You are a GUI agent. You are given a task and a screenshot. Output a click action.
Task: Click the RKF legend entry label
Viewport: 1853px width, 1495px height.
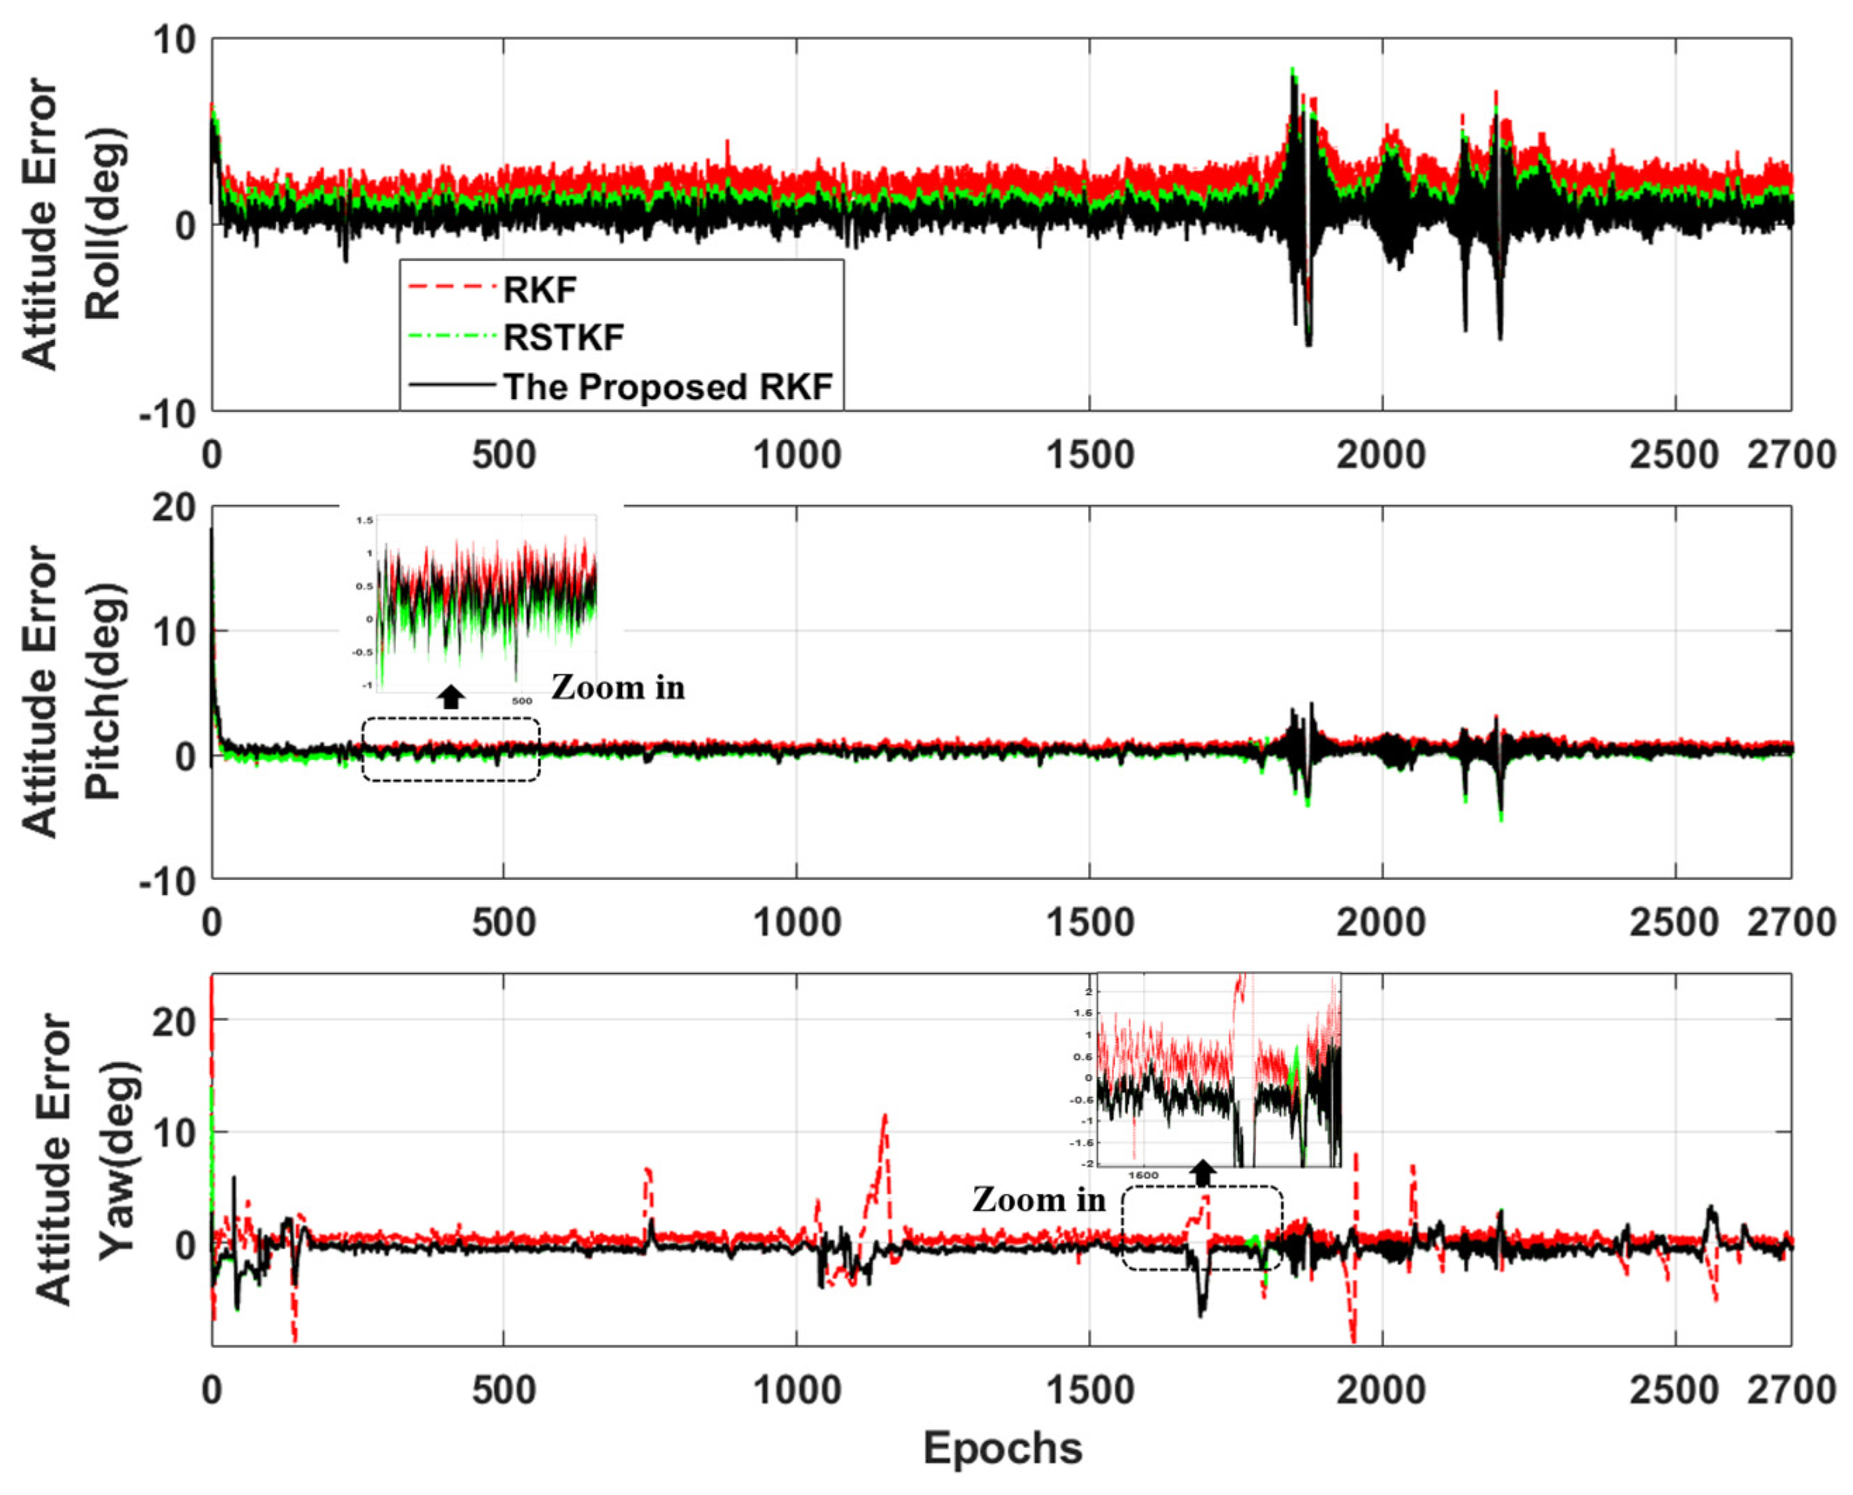point(539,290)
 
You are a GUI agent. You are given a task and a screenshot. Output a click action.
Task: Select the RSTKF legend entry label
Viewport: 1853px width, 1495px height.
point(563,338)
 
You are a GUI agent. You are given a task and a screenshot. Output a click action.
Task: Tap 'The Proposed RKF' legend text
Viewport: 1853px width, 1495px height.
point(668,386)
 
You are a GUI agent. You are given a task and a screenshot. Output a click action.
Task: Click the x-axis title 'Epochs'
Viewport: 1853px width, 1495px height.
point(1002,1448)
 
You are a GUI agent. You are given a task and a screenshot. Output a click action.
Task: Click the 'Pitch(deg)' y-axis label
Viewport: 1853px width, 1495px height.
point(105,693)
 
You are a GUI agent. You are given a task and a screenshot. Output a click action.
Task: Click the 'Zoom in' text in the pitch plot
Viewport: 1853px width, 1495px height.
point(617,687)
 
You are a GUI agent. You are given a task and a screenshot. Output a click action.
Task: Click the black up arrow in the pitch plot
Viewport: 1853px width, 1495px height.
point(451,697)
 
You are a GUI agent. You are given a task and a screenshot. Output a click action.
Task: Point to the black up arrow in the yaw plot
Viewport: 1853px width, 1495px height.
point(1203,1172)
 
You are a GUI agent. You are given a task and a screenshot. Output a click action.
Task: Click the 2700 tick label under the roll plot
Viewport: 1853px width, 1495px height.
point(1790,455)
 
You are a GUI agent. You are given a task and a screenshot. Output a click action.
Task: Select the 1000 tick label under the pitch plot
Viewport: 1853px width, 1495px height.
point(797,922)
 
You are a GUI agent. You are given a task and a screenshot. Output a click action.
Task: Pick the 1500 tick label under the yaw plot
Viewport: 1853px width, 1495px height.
point(1089,1390)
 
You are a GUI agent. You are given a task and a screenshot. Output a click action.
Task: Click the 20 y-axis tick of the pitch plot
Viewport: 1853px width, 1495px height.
point(175,508)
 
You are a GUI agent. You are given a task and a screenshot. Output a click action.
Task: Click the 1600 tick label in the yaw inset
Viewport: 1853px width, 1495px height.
point(1144,1175)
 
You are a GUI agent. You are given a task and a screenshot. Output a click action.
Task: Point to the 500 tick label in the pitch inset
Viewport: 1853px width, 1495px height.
point(521,701)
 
